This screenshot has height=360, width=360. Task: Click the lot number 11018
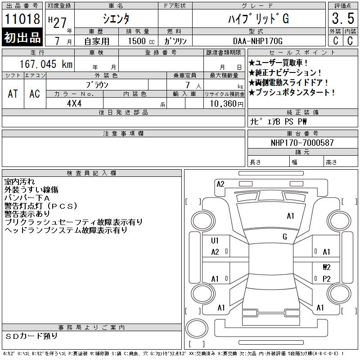click(22, 19)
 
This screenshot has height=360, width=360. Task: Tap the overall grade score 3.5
click(343, 18)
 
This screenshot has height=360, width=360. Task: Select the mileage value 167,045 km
click(46, 64)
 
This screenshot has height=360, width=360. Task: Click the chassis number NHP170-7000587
click(302, 143)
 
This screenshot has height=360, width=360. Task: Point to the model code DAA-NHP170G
click(257, 41)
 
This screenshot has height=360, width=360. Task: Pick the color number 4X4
click(74, 103)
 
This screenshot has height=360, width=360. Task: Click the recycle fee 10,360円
click(226, 104)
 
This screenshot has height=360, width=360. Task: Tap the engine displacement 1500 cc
click(141, 41)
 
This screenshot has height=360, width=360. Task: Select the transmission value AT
click(13, 94)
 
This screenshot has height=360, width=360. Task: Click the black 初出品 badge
click(22, 37)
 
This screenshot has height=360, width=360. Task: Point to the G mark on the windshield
click(285, 237)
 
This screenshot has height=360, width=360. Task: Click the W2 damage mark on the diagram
click(327, 267)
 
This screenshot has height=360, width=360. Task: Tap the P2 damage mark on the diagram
click(327, 279)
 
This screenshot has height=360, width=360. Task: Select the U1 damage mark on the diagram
click(215, 241)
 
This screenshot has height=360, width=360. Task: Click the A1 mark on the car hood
click(290, 216)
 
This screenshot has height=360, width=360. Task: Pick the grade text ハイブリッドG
click(258, 18)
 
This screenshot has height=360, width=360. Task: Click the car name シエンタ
click(116, 18)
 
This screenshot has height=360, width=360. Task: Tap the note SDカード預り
click(31, 336)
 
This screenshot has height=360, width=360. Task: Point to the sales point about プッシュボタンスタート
click(292, 92)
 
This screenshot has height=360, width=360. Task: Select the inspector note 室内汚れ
click(19, 182)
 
